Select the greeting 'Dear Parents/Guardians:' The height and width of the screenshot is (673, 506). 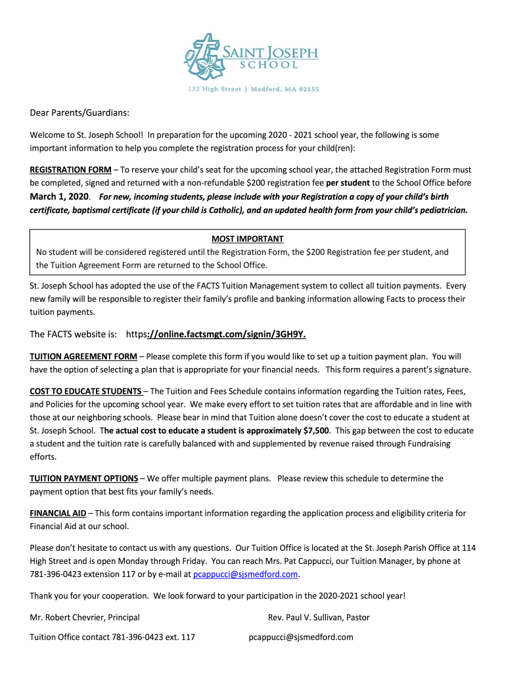point(79,113)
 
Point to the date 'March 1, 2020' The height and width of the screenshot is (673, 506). point(59,197)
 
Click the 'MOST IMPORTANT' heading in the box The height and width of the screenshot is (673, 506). point(247,239)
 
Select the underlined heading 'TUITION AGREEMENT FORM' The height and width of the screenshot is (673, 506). point(83,356)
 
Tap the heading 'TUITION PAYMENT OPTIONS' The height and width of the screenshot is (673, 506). point(83,478)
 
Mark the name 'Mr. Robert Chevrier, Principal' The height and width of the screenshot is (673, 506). point(85,617)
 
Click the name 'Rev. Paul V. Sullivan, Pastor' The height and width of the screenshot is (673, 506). point(319,617)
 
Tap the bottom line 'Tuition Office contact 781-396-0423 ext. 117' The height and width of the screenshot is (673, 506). point(112,637)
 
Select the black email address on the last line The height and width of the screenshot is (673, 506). point(301,637)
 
